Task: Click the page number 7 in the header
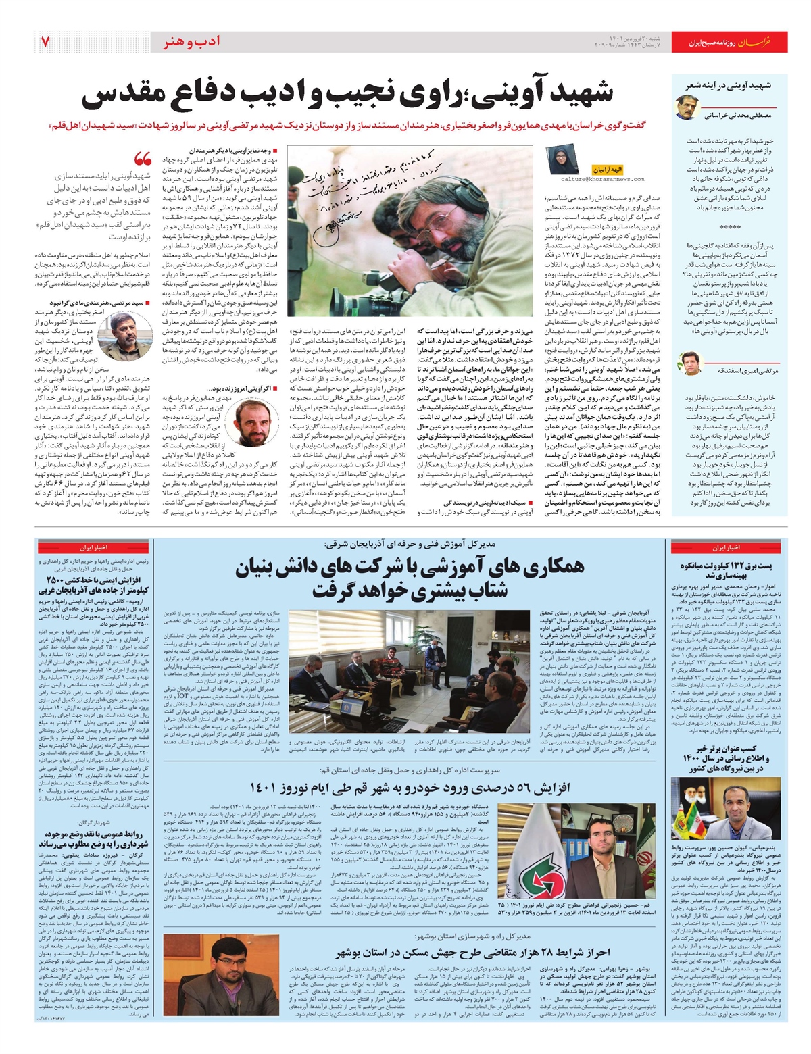coord(45,42)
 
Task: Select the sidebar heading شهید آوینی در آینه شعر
coord(729,86)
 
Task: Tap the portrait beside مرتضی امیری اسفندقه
coord(691,363)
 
